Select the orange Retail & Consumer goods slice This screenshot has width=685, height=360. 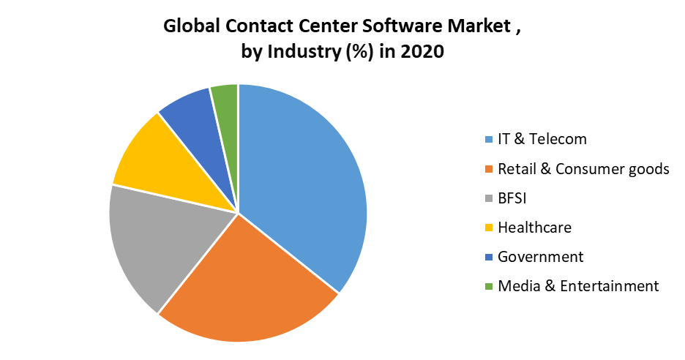pyautogui.click(x=242, y=285)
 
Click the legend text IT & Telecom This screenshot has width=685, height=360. pyautogui.click(x=542, y=139)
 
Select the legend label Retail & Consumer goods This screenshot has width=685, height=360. pyautogui.click(x=583, y=169)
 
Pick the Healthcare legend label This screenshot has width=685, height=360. pyautogui.click(x=534, y=228)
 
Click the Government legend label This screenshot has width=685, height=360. pyautogui.click(x=540, y=257)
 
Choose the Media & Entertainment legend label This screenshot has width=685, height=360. pyautogui.click(x=578, y=286)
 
